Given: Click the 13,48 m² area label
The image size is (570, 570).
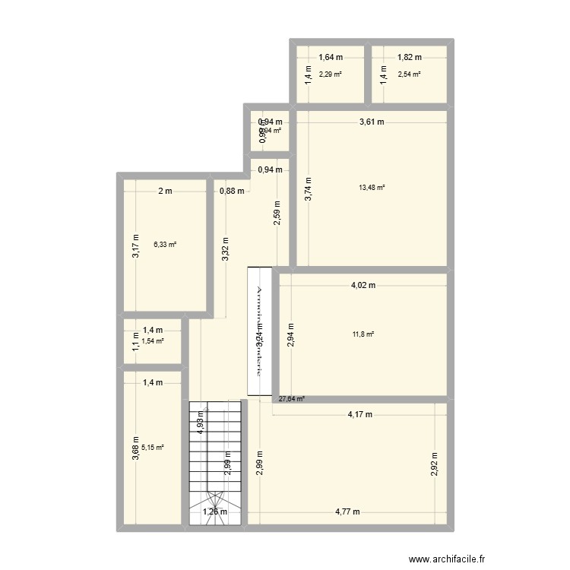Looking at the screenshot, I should [372, 187].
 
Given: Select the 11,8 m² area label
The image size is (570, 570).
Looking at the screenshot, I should [363, 334].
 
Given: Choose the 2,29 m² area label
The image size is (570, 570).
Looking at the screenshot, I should [331, 74].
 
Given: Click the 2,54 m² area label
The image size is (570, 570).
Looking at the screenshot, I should [409, 74].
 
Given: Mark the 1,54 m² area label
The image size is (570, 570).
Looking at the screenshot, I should [153, 341].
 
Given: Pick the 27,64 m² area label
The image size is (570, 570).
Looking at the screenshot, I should [292, 398].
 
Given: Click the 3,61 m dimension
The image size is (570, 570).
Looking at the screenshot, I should [371, 122].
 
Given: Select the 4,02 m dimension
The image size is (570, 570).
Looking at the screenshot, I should [363, 286].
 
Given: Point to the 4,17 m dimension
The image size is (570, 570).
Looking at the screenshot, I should [359, 415].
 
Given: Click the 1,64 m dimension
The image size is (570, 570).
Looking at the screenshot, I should [331, 57].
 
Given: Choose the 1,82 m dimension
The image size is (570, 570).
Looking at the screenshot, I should [410, 57].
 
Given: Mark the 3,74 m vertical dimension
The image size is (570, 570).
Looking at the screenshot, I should [308, 188].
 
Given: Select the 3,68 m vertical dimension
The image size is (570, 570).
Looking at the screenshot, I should [136, 448].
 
